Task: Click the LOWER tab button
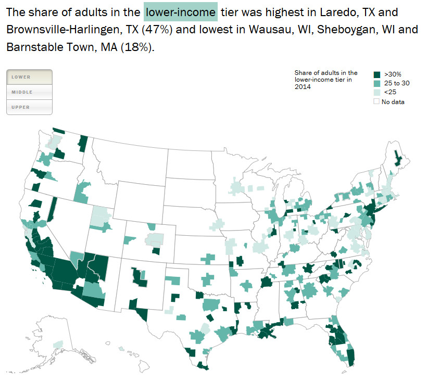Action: click(x=29, y=77)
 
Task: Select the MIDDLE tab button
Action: click(x=29, y=92)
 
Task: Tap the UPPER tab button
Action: click(x=29, y=107)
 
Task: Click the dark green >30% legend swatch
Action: click(x=377, y=74)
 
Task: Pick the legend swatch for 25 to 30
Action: click(x=377, y=83)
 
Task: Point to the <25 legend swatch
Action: click(x=377, y=92)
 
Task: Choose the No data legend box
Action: click(x=377, y=101)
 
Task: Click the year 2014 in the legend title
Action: click(x=303, y=87)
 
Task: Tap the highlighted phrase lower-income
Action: click(x=180, y=11)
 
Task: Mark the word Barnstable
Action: click(x=32, y=47)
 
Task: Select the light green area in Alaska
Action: click(x=58, y=345)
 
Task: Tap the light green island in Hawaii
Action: click(x=122, y=349)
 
